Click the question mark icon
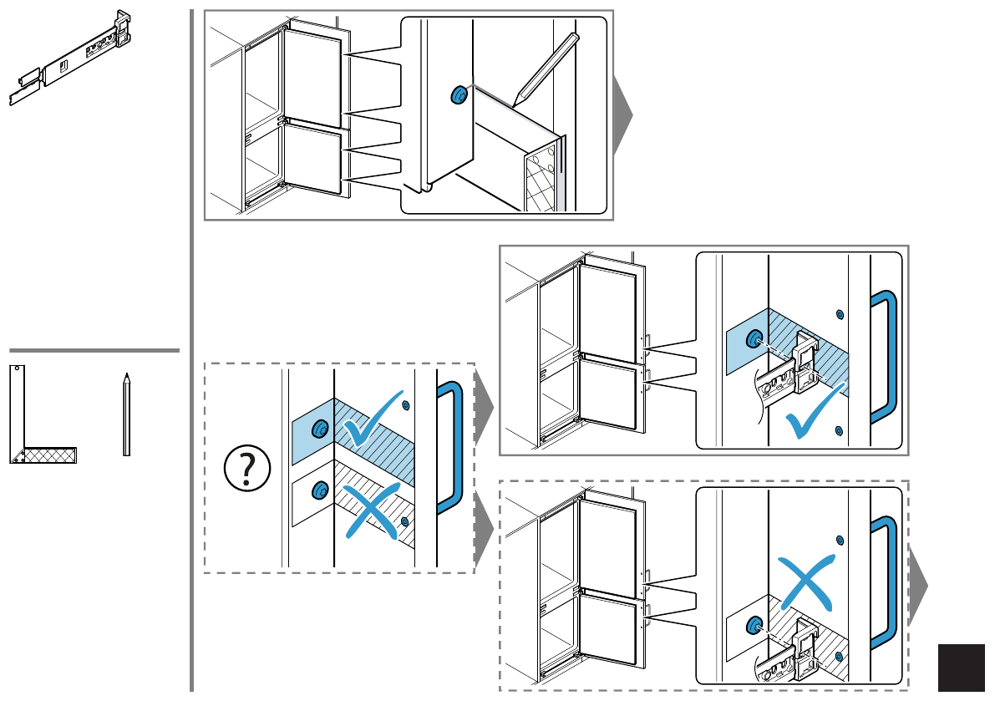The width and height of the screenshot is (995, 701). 247,469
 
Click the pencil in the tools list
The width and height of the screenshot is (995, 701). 126,414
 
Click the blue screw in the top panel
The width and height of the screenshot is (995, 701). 458,94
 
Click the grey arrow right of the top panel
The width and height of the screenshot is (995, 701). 622,116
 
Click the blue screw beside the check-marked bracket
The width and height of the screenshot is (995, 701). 754,339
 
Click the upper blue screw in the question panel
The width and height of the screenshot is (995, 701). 319,429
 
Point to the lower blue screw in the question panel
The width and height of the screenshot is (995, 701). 319,490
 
